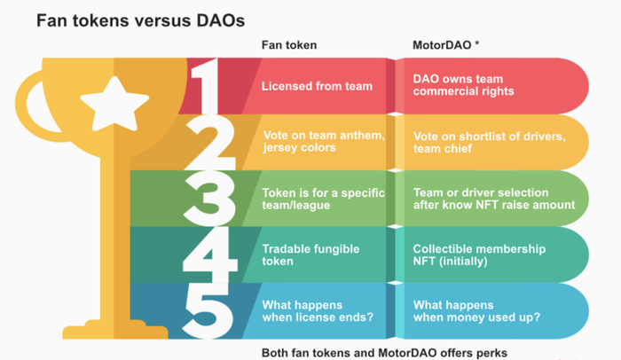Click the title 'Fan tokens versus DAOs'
(x=140, y=20)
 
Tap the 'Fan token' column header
(x=289, y=45)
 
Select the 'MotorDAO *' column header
(x=446, y=45)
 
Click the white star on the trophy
(x=114, y=104)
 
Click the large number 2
(x=210, y=143)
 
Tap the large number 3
(x=209, y=199)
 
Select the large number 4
(x=210, y=255)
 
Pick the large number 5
(x=208, y=311)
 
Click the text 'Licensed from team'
(x=317, y=86)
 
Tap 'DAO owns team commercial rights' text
(x=463, y=85)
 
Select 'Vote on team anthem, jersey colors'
(x=324, y=141)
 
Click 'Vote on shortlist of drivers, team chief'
(x=490, y=143)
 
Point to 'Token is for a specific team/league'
(x=323, y=199)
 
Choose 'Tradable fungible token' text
(x=310, y=255)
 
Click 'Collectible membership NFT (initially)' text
(x=479, y=255)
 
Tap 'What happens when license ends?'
(x=318, y=311)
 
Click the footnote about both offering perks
(x=384, y=353)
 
